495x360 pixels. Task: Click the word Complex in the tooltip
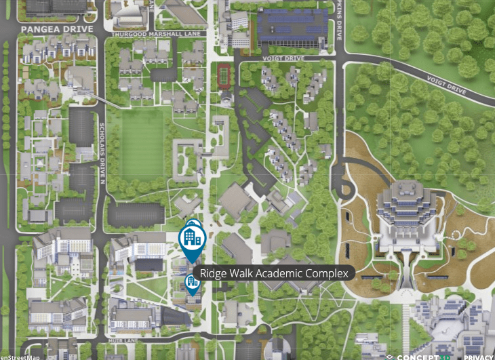point(330,274)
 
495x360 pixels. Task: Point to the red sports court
point(224,72)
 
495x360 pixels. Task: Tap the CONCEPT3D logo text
point(423,356)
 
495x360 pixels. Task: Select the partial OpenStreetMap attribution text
point(20,357)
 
